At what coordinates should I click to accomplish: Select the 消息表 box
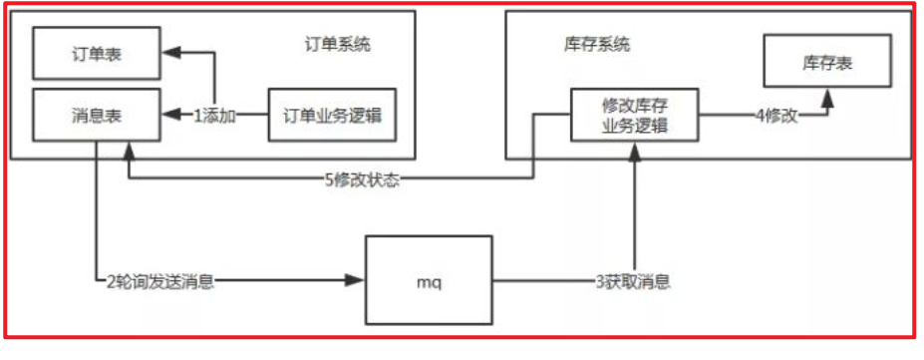coord(97,115)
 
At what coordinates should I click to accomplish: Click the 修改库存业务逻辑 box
coord(634,116)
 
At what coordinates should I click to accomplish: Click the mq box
coord(429,281)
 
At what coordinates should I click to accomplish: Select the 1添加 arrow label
coord(214,116)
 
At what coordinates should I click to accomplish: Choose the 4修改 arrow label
coord(776,116)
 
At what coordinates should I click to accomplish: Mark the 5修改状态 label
coord(364,180)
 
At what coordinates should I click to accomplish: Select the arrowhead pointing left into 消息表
coord(170,116)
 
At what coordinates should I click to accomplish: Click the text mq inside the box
coord(429,282)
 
